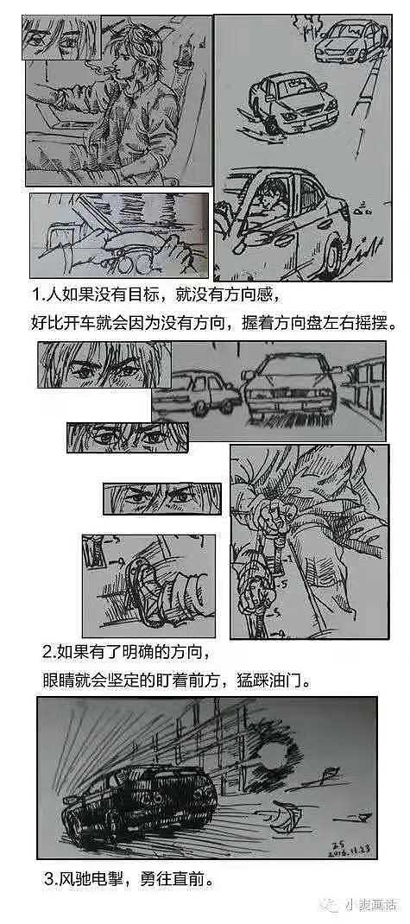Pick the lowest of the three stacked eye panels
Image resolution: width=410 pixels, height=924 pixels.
coord(161,499)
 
